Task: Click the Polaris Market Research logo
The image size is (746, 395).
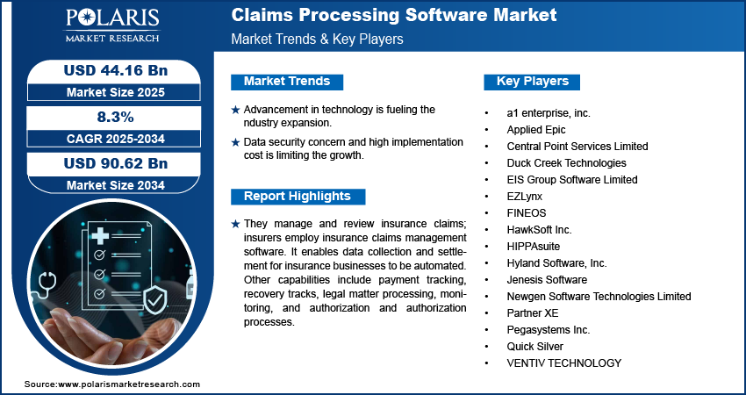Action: [112, 25]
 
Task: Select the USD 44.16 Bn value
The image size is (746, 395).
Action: [116, 70]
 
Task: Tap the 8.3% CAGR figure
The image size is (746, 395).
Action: [116, 117]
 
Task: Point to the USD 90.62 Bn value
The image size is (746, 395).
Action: [116, 164]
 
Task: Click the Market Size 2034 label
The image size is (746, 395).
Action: [116, 185]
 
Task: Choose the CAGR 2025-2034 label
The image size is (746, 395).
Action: [116, 139]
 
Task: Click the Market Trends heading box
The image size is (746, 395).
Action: [287, 82]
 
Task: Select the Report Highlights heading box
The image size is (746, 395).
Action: [298, 197]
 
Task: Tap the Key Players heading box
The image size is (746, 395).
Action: [532, 82]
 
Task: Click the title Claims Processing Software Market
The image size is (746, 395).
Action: [394, 15]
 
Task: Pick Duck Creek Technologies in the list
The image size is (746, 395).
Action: [566, 163]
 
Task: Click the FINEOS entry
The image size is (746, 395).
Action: [527, 213]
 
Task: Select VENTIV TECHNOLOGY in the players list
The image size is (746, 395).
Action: [563, 363]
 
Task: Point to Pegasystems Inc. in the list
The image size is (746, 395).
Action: [548, 330]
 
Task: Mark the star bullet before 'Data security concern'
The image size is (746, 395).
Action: [235, 142]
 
